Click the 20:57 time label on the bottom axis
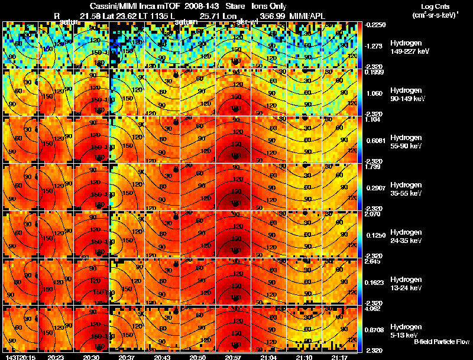coord(235,357)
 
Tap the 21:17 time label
coord(340,357)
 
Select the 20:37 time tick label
coord(127,357)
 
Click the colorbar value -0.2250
coord(376,25)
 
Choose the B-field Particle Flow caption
coord(441,342)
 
